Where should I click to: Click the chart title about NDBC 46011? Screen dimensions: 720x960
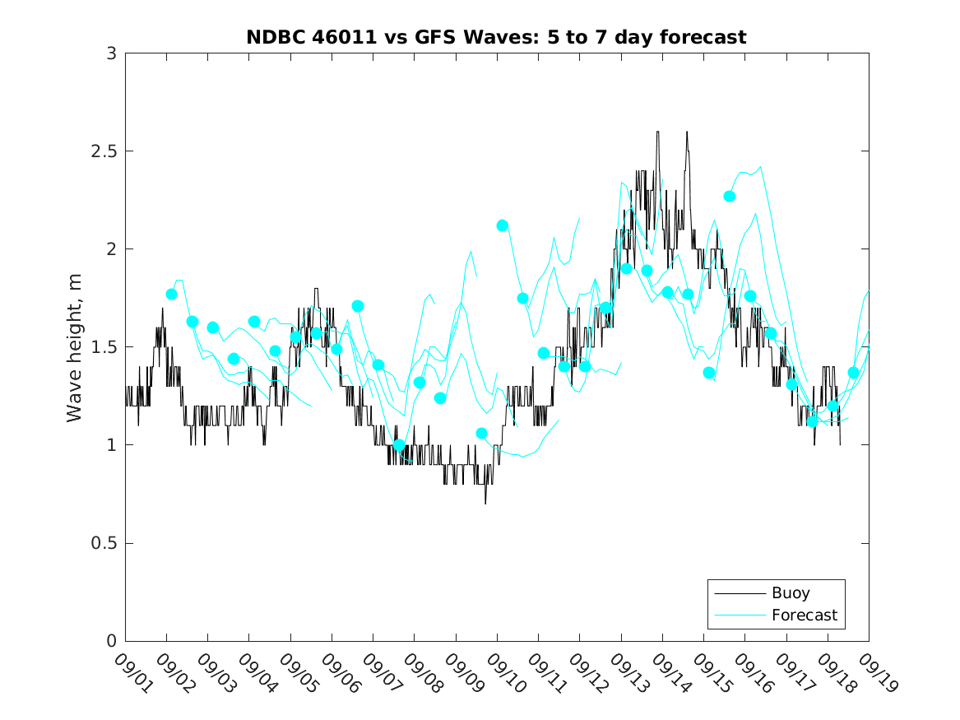[x=496, y=37]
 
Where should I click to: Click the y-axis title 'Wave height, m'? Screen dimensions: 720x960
[x=75, y=347]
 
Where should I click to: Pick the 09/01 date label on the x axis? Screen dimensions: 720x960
[x=131, y=674]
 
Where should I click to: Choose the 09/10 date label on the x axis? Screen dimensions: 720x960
[x=503, y=674]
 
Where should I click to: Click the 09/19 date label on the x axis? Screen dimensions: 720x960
[x=874, y=674]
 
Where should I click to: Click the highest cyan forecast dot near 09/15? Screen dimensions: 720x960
[x=730, y=196]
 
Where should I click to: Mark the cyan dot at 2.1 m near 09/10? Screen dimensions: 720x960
[x=502, y=225]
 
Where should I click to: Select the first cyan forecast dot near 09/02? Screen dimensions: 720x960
[x=171, y=294]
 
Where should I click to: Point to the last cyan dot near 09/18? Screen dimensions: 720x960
[x=854, y=373]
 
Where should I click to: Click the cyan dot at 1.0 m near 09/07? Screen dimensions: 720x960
[x=399, y=445]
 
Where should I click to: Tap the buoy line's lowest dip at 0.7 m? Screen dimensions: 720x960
[x=485, y=503]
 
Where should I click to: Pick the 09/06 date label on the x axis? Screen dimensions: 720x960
[x=337, y=674]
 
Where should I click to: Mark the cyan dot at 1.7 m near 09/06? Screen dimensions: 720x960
[x=358, y=306]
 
